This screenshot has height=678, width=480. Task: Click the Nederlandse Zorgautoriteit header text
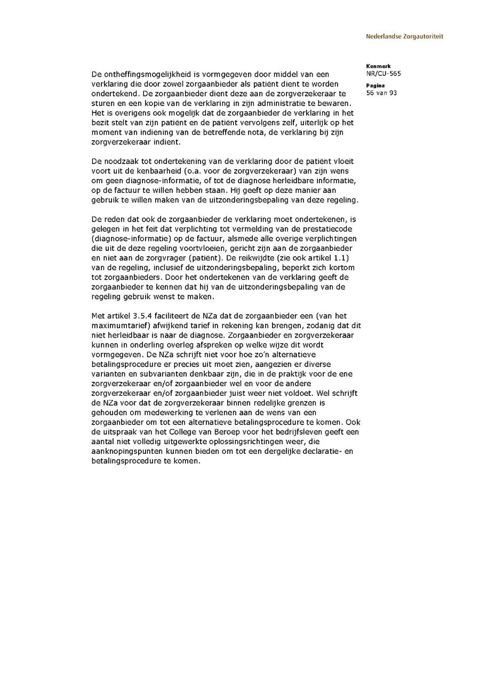404,37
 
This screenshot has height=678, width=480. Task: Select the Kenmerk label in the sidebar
378,67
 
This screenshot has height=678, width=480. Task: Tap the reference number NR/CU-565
383,73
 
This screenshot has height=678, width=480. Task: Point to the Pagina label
375,86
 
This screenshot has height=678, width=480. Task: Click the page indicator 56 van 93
382,93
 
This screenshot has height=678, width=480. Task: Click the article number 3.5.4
141,316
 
